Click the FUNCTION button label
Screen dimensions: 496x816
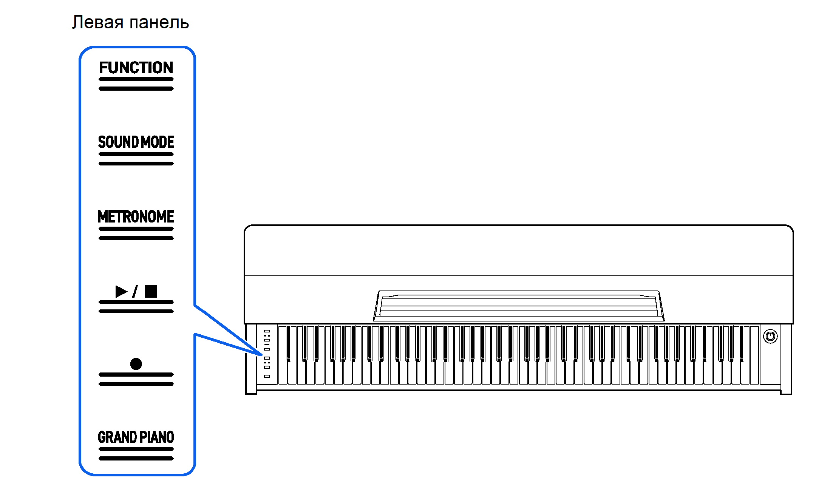click(x=136, y=68)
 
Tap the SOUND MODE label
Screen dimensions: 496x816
click(x=136, y=142)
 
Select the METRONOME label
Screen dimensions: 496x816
click(x=136, y=217)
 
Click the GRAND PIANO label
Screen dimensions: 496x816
click(x=136, y=437)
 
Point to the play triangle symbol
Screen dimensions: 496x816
click(x=121, y=291)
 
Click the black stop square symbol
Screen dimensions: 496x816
click(x=151, y=291)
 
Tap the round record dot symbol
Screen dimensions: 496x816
click(x=136, y=364)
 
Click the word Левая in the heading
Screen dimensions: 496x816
click(x=98, y=22)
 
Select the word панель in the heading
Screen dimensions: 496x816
click(x=159, y=23)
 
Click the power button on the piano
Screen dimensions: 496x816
click(x=770, y=336)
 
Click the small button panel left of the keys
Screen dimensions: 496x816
click(x=267, y=354)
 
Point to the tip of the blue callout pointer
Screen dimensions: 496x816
click(x=261, y=355)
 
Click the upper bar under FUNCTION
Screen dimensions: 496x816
click(x=136, y=79)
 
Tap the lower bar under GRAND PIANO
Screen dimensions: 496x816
click(x=136, y=458)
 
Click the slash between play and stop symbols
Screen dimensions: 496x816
click(x=135, y=291)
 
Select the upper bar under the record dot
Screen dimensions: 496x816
click(x=136, y=374)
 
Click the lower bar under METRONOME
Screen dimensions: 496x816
click(x=136, y=238)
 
